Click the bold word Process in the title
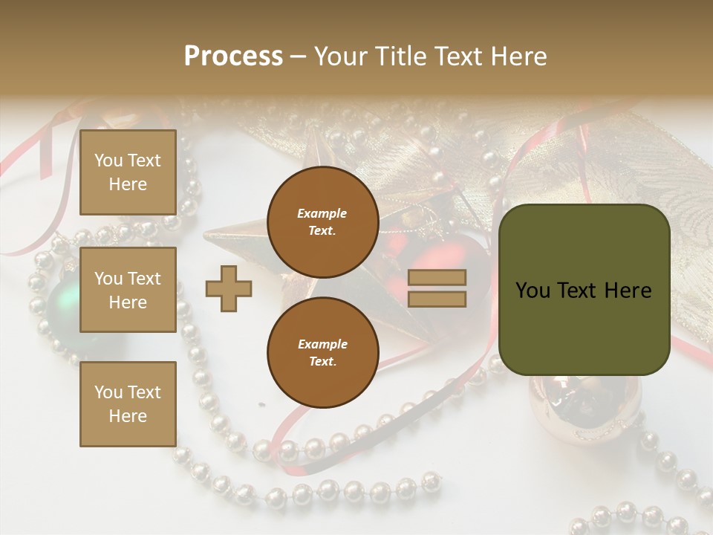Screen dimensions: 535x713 (x=233, y=56)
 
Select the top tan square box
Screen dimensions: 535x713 (x=128, y=172)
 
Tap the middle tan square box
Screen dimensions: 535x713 (x=128, y=290)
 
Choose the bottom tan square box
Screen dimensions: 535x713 (x=128, y=403)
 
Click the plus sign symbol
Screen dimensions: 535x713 (x=229, y=288)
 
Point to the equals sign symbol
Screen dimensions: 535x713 (x=437, y=288)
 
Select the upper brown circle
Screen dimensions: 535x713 (x=322, y=221)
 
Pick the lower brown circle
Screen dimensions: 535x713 (x=322, y=352)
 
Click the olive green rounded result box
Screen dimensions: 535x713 (x=584, y=290)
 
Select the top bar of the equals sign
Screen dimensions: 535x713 (x=437, y=278)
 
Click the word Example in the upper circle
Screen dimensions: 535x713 (x=322, y=213)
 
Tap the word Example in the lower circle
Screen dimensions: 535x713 (x=322, y=344)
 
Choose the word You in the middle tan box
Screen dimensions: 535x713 (x=108, y=279)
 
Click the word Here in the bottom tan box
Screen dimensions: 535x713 (x=128, y=416)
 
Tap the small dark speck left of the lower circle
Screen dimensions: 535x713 (x=261, y=405)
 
